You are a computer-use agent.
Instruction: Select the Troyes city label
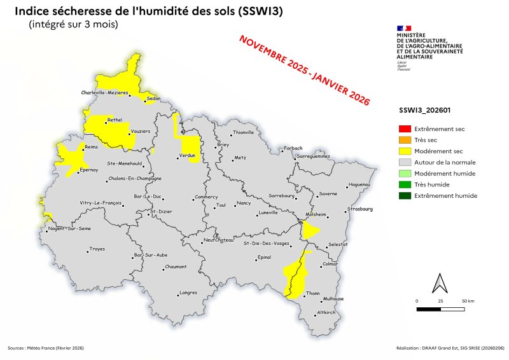coord(97,249)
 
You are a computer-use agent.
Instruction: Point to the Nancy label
coord(244,203)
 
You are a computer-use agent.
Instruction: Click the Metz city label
coord(240,157)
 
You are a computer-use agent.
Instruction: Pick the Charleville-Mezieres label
coord(104,93)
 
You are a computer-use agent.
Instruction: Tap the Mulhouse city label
coord(333,298)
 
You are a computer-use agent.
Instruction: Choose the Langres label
coord(188,293)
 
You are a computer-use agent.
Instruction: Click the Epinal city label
coord(263,258)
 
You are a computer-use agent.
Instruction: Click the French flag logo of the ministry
coord(404,29)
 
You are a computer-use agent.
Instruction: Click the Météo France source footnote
coord(46,348)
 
